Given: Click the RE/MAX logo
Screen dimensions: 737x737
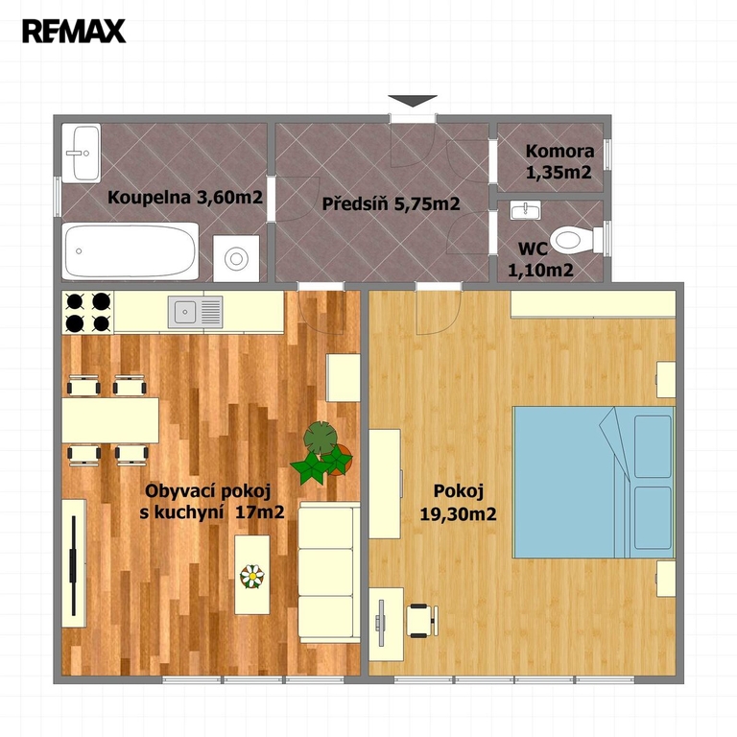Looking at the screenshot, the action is click(74, 31).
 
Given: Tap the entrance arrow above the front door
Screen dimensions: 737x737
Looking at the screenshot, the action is click(413, 101).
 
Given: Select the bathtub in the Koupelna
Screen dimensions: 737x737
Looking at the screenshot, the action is click(131, 251).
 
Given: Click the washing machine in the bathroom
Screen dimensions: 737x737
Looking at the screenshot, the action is click(236, 258).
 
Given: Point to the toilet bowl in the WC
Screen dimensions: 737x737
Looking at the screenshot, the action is click(576, 240).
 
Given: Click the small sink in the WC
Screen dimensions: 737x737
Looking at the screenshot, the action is click(526, 210).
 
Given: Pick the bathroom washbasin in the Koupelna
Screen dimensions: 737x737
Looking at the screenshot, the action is click(82, 154).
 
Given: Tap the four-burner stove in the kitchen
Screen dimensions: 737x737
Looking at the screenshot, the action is click(88, 313).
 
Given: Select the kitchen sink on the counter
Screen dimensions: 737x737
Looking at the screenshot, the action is click(196, 312).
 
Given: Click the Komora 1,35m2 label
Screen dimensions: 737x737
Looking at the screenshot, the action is click(559, 161).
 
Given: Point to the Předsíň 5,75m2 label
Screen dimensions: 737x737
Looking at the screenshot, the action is click(391, 204).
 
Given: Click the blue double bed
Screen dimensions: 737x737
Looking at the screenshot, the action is click(594, 483).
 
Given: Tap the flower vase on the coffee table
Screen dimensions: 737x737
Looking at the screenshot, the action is click(252, 576).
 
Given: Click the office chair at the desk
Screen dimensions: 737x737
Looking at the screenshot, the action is click(421, 621).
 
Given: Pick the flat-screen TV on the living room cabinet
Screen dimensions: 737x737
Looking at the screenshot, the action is click(73, 565).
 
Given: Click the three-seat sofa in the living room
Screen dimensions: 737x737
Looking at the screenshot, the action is click(329, 572).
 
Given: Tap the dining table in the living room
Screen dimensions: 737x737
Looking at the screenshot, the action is click(110, 420).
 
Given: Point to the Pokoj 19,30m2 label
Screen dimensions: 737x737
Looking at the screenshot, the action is click(459, 503).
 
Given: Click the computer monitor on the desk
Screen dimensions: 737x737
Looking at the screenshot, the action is click(380, 623).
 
